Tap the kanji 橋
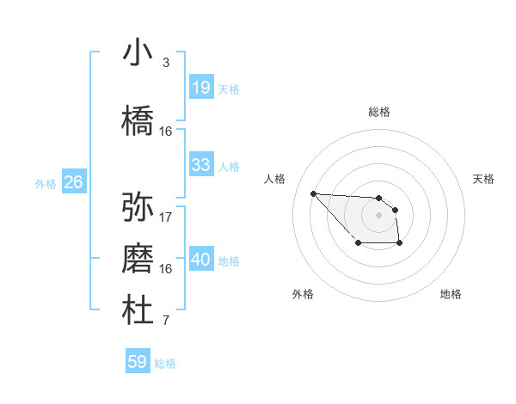coord(138,119)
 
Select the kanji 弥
coord(138,206)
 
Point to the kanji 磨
coord(138,259)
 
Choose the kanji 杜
coord(138,311)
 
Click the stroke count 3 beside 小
coord(165,63)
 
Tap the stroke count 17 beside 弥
coord(166,217)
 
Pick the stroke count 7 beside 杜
coord(165,321)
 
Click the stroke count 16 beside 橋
coord(166,132)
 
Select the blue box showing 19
coord(200,88)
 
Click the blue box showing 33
coord(200,165)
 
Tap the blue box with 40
coord(200,260)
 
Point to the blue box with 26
coord(73,182)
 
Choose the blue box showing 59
coord(137,362)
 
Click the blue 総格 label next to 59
coord(165,364)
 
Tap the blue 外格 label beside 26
coord(46,183)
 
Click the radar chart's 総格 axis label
coord(378,112)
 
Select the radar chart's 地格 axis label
coord(451,294)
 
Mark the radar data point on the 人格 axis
coord(313,193)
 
